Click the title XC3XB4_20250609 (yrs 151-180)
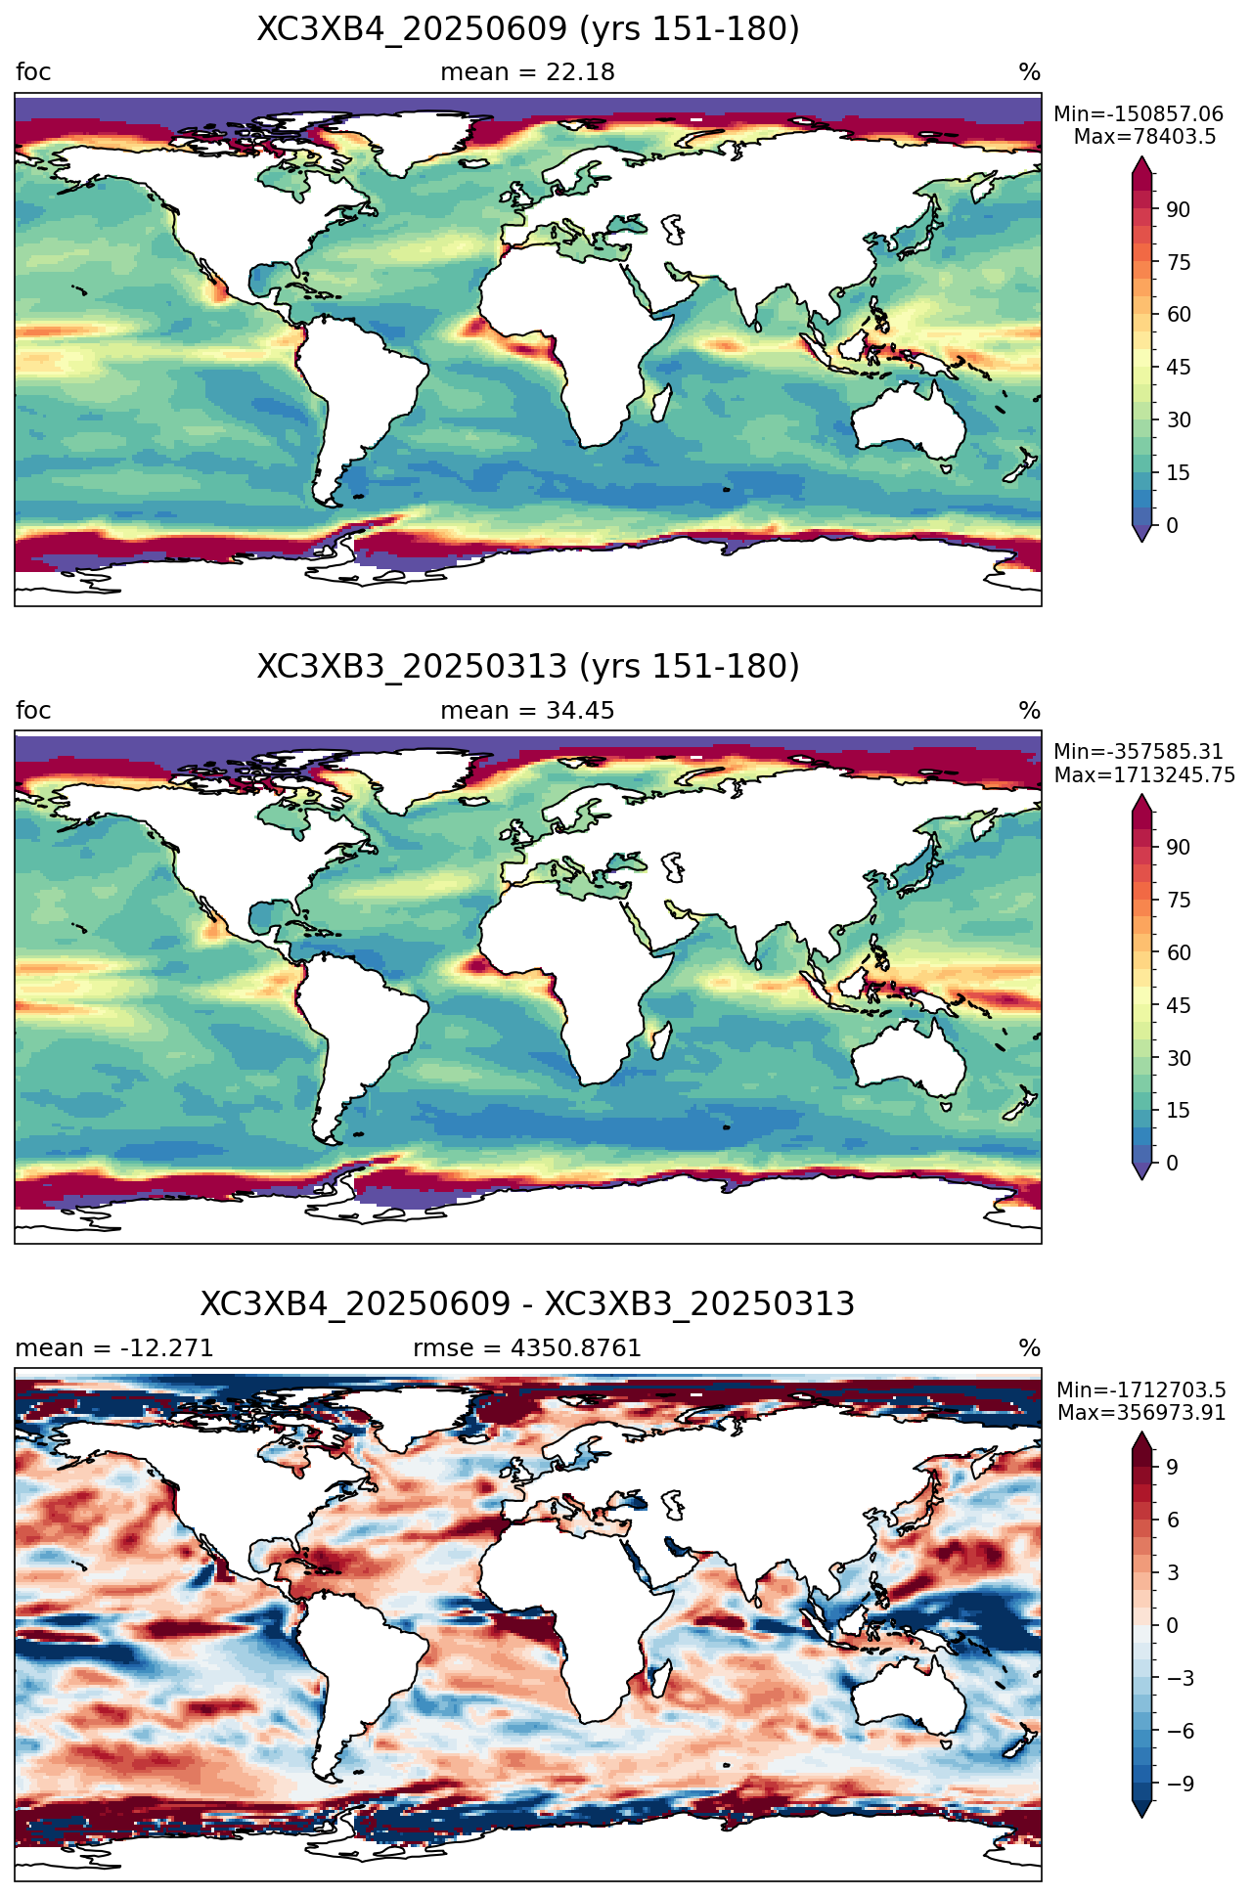(528, 29)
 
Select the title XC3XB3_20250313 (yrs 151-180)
(528, 667)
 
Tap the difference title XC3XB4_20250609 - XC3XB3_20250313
(528, 1304)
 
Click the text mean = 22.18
(528, 72)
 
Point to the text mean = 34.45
(528, 711)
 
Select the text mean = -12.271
(114, 1348)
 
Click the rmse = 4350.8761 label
(527, 1348)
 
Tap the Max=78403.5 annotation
(1145, 137)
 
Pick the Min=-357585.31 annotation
(1139, 752)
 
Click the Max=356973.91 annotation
(1141, 1413)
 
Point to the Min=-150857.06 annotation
(1139, 114)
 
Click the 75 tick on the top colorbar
(1179, 262)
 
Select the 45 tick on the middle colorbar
(1179, 1005)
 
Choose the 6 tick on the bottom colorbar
(1173, 1520)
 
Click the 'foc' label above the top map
(33, 72)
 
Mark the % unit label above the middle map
(1030, 711)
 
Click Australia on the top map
(908, 420)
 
